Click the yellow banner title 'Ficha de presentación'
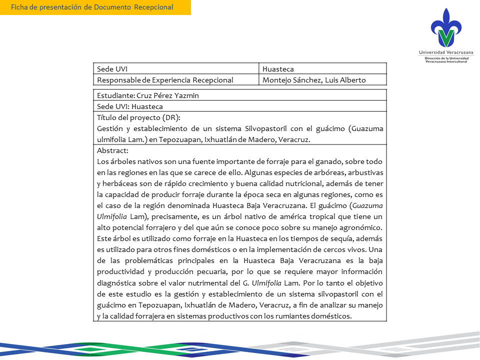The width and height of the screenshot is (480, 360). [92, 7]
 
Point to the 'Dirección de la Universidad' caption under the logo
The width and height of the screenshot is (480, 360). [446, 58]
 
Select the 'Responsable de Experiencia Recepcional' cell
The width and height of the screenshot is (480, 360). [165, 80]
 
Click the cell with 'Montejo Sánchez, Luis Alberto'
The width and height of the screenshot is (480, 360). [314, 80]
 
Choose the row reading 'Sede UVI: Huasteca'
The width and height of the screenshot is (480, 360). [130, 106]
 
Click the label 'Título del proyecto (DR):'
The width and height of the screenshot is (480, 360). [138, 118]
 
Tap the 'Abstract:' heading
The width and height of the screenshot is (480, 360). [113, 150]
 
